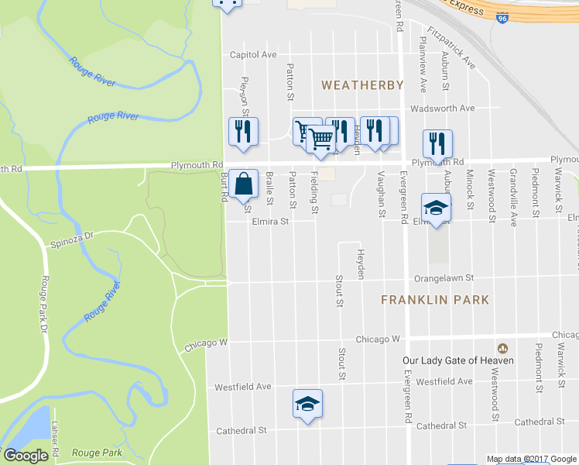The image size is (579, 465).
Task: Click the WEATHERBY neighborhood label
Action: (362, 84)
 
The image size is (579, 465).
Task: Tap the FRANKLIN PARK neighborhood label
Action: (435, 299)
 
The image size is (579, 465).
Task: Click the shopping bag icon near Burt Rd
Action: (243, 184)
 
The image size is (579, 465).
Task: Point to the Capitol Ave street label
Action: (253, 55)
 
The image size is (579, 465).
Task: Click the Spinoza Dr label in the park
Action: (72, 234)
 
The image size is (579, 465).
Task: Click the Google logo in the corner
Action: (26, 455)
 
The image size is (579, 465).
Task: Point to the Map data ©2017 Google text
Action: (531, 459)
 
